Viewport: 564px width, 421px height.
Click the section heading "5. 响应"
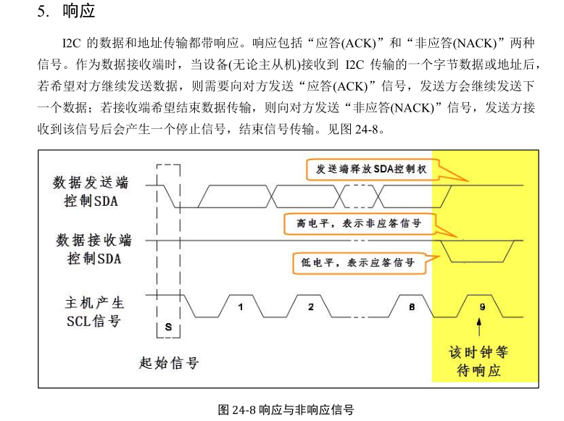point(66,13)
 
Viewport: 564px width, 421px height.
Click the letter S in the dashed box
point(168,327)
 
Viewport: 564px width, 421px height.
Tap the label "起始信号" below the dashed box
point(169,362)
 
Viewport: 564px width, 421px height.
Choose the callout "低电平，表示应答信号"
point(357,262)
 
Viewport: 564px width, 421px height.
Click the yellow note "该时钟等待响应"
point(478,362)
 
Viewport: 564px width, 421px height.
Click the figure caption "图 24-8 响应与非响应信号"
point(286,410)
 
